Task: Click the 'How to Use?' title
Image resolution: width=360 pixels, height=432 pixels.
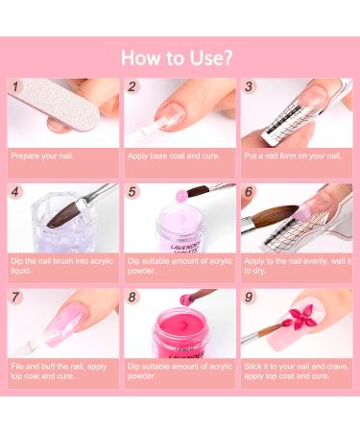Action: [x=177, y=58]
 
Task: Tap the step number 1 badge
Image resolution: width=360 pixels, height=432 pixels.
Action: [x=15, y=86]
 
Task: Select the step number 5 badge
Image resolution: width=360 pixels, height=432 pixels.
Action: [x=132, y=192]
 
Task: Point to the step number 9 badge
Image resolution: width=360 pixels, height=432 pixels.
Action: [x=249, y=298]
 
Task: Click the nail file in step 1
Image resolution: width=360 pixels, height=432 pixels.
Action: [x=58, y=105]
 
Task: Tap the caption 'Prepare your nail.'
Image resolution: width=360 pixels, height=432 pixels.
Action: [x=42, y=156]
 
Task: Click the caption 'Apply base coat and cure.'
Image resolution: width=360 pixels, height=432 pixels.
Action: [x=174, y=156]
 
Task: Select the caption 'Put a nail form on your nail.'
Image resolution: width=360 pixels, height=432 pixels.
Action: [x=293, y=156]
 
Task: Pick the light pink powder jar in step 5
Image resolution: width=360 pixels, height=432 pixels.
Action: [x=180, y=229]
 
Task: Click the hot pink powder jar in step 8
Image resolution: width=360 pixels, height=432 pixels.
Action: [x=180, y=334]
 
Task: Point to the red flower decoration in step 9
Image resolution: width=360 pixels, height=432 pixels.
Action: [x=297, y=317]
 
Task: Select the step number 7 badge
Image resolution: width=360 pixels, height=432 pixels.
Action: [x=15, y=298]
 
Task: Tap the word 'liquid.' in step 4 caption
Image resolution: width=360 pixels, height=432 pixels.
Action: [x=21, y=271]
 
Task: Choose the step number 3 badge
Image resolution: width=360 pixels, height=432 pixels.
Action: [x=249, y=86]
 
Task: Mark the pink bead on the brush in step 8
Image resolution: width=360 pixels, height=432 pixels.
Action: [x=185, y=300]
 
